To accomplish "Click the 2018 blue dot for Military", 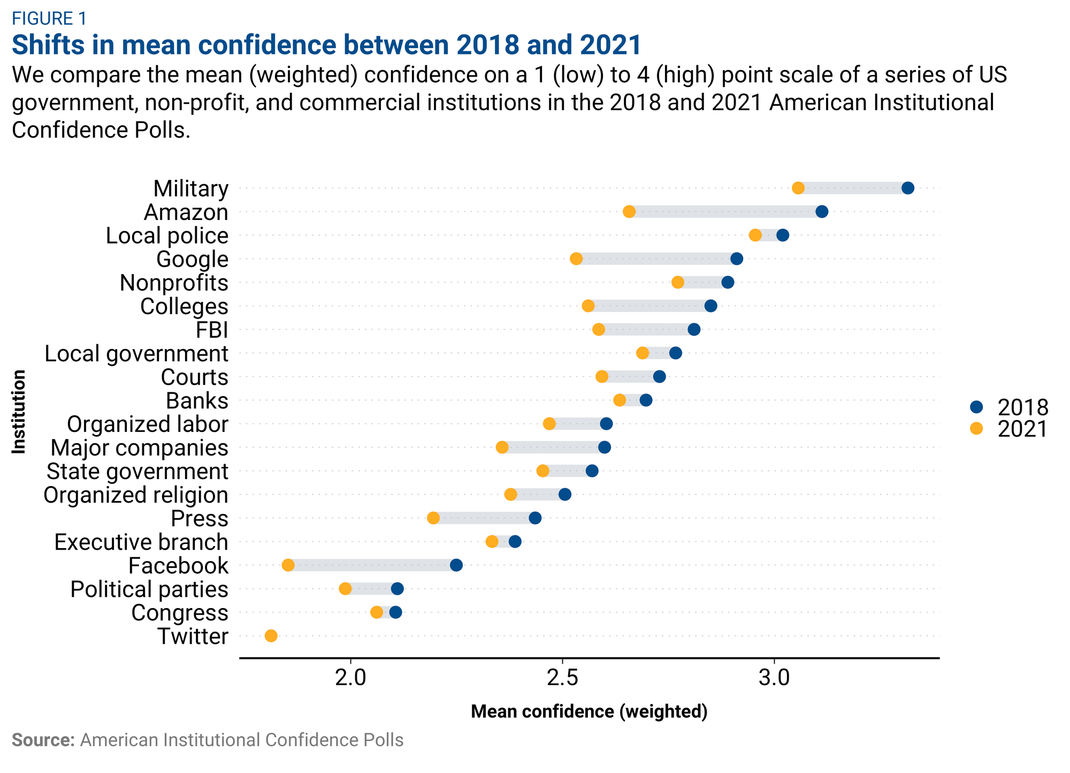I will (x=907, y=188).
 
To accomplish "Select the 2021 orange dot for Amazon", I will (x=629, y=211).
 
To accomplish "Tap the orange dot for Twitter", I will (x=271, y=636).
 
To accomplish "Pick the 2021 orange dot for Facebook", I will (x=288, y=565).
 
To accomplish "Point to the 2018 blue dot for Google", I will (x=737, y=259).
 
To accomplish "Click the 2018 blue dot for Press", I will (x=535, y=518).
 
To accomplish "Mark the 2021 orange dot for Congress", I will (x=377, y=612).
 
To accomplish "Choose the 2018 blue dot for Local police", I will (x=783, y=235).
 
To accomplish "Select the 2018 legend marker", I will (x=976, y=407).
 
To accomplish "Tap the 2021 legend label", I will (x=1022, y=429).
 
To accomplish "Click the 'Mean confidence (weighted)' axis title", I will (x=589, y=711).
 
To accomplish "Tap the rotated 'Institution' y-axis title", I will (x=19, y=412).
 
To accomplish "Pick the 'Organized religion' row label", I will (x=136, y=495).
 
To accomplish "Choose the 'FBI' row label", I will (x=212, y=330).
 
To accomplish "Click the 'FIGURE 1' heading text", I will (x=49, y=19).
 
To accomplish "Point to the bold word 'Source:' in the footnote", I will (x=43, y=740).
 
